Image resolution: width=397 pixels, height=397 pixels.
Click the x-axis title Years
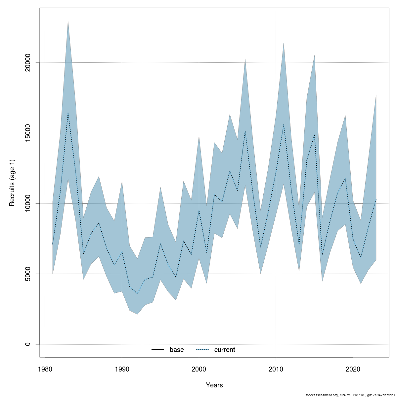[214, 385]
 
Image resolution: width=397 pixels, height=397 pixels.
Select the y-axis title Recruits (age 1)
[12, 183]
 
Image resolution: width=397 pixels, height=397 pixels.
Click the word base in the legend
[177, 350]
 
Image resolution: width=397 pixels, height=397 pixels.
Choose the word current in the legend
[225, 350]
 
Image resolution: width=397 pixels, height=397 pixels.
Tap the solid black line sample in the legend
[158, 350]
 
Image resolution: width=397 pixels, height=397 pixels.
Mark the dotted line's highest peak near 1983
[68, 113]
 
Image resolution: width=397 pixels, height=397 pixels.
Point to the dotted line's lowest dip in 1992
[137, 293]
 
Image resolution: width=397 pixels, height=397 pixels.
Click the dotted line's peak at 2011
[284, 124]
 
